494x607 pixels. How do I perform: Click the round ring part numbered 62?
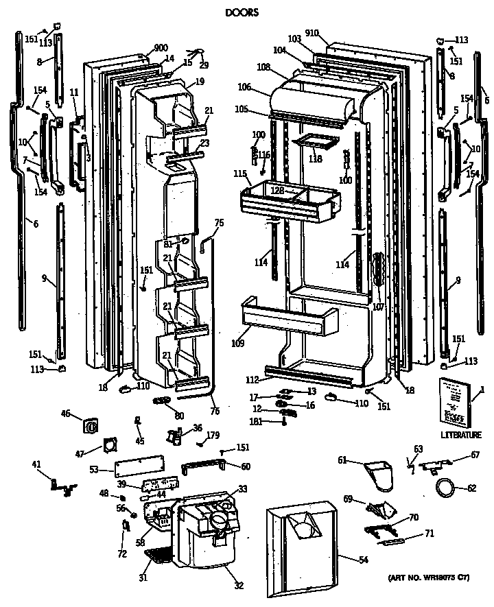[446, 488]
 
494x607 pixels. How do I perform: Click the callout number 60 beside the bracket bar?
[245, 466]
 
